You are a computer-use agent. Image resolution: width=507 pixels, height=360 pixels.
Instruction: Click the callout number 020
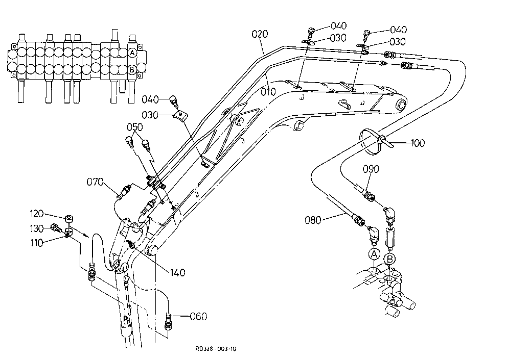(x=260, y=34)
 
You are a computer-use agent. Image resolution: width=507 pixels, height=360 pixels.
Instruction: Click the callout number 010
(x=268, y=92)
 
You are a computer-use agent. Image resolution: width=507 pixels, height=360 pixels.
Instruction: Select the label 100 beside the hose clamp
(x=418, y=143)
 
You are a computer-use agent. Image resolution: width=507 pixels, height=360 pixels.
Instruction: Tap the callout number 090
(x=371, y=169)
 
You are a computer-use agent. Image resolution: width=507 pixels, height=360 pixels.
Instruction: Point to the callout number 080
(x=313, y=220)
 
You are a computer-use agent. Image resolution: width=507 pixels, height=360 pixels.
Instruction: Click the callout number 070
(x=95, y=182)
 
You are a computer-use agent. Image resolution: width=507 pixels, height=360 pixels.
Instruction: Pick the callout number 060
(x=198, y=317)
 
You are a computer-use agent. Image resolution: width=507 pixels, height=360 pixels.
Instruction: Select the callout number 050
(x=134, y=127)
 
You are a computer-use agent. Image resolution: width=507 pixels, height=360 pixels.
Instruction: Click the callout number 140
(x=177, y=273)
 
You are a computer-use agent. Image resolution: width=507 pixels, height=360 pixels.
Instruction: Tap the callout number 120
(x=36, y=214)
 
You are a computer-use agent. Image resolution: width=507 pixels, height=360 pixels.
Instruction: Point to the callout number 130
(x=36, y=228)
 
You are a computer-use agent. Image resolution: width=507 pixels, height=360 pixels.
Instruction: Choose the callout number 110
(x=36, y=243)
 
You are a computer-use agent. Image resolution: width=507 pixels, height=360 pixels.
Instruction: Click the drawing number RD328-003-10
(x=216, y=349)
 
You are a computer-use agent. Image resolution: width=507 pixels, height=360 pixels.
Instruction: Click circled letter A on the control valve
(x=132, y=53)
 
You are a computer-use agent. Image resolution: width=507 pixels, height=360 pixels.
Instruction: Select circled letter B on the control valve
(x=132, y=69)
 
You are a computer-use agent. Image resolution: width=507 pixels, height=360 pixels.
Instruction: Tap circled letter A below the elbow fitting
(x=374, y=254)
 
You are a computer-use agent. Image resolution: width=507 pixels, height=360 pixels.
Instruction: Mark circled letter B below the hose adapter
(x=389, y=259)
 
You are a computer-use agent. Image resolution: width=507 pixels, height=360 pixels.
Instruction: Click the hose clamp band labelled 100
(x=368, y=132)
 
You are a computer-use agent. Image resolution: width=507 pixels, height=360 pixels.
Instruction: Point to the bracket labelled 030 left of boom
(x=180, y=115)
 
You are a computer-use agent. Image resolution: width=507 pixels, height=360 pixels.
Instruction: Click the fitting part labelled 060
(x=168, y=321)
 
